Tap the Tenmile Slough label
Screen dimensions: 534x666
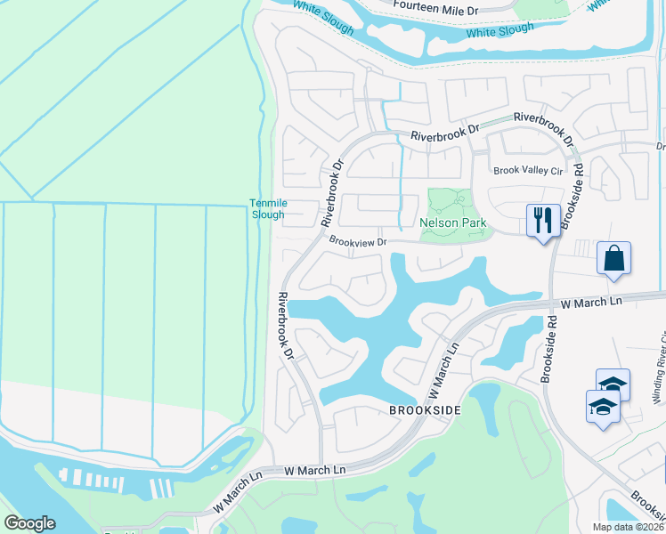267,209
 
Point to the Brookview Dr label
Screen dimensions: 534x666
358,241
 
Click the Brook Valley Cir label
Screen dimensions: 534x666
530,171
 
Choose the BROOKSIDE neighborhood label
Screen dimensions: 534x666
425,410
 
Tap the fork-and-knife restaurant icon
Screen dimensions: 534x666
543,219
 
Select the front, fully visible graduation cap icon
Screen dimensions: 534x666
603,407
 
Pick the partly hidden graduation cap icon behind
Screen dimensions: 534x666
613,383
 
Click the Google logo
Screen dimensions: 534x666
29,523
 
